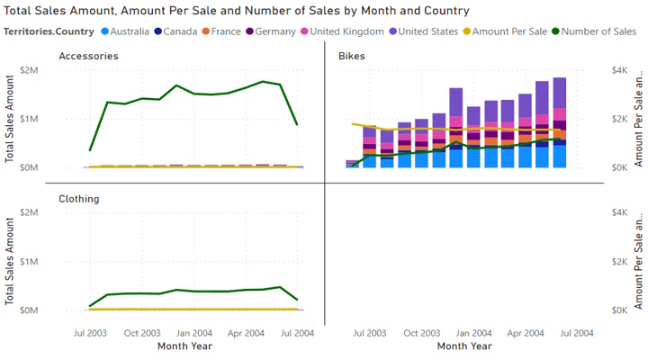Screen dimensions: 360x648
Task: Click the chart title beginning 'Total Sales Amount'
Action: tap(236, 11)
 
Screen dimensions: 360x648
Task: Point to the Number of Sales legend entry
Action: tap(597, 31)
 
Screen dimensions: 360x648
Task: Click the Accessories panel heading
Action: tap(88, 56)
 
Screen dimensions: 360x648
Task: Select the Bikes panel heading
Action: tap(352, 56)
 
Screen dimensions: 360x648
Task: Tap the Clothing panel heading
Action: tap(79, 198)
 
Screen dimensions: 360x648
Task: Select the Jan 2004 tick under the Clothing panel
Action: tap(194, 332)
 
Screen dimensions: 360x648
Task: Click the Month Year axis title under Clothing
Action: tap(185, 346)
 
